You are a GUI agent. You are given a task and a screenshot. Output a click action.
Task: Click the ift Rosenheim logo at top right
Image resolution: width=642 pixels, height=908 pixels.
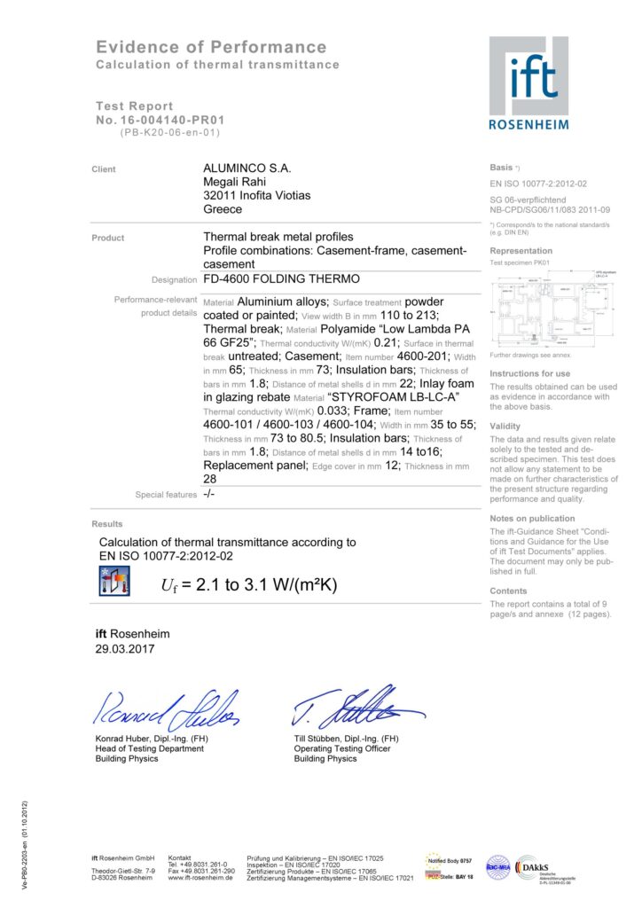528,82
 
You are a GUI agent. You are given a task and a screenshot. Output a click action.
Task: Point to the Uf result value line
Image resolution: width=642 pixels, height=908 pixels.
249,585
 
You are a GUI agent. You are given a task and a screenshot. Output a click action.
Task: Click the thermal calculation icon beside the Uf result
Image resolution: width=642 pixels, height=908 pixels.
113,583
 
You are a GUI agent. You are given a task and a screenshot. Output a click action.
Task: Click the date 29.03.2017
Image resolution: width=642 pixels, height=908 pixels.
125,649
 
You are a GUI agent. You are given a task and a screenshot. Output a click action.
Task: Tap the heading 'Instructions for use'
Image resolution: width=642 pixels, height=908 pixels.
530,373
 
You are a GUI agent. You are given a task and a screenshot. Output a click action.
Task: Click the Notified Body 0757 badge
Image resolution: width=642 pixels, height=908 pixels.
451,861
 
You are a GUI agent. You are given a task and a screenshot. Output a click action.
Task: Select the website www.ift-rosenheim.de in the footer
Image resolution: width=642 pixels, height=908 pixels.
201,878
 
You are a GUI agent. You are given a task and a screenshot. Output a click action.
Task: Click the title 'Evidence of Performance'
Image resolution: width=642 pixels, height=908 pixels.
211,47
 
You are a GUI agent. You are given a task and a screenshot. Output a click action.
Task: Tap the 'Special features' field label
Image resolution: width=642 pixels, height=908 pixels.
166,495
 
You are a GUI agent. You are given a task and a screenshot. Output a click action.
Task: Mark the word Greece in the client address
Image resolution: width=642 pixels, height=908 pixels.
223,210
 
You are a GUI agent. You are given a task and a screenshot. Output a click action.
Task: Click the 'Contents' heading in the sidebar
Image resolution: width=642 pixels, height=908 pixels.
509,591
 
